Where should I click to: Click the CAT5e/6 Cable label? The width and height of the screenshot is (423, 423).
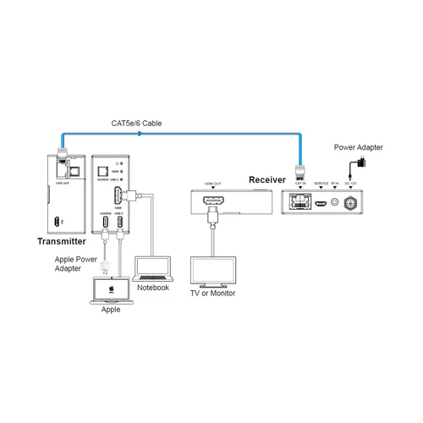click(x=136, y=124)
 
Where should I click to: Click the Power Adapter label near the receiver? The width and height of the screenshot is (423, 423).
click(x=359, y=147)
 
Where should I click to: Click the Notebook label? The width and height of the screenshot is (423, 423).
click(x=153, y=288)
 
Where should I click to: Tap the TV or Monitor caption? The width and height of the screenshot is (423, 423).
click(x=211, y=294)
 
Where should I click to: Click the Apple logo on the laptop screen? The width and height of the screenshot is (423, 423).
click(x=109, y=288)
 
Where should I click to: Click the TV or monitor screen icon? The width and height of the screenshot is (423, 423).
click(x=211, y=270)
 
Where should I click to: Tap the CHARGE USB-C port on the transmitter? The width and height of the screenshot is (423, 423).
click(x=107, y=223)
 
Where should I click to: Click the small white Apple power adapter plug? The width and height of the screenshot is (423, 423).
click(x=105, y=266)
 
